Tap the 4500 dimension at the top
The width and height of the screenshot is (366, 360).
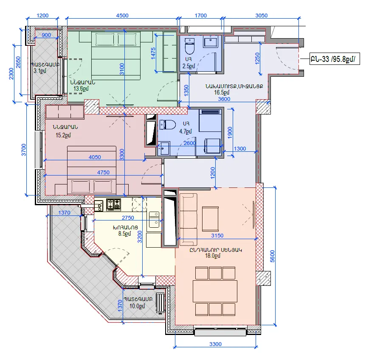[122, 15]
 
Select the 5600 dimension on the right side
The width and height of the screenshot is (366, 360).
[273, 256]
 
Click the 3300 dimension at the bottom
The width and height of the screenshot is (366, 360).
[215, 344]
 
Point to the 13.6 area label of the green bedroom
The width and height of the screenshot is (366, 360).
[81, 89]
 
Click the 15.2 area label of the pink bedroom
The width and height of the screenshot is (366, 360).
[63, 135]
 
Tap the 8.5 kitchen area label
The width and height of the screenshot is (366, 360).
[124, 234]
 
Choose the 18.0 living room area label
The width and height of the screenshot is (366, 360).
[212, 256]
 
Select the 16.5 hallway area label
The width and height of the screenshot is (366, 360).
[222, 92]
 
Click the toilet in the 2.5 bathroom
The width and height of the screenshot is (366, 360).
[189, 46]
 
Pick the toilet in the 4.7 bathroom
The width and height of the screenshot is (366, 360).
[168, 125]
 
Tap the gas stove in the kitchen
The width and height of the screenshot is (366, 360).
[114, 204]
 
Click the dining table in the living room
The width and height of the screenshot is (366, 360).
[215, 291]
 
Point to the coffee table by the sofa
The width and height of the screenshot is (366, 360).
[210, 219]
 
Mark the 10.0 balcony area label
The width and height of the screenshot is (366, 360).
[137, 306]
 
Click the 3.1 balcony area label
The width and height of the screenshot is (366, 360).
[39, 71]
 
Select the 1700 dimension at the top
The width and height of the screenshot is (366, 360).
[201, 15]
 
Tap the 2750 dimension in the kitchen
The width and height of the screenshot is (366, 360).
[128, 218]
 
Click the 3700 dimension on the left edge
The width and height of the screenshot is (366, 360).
[24, 150]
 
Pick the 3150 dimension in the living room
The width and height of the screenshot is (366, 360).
[217, 235]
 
